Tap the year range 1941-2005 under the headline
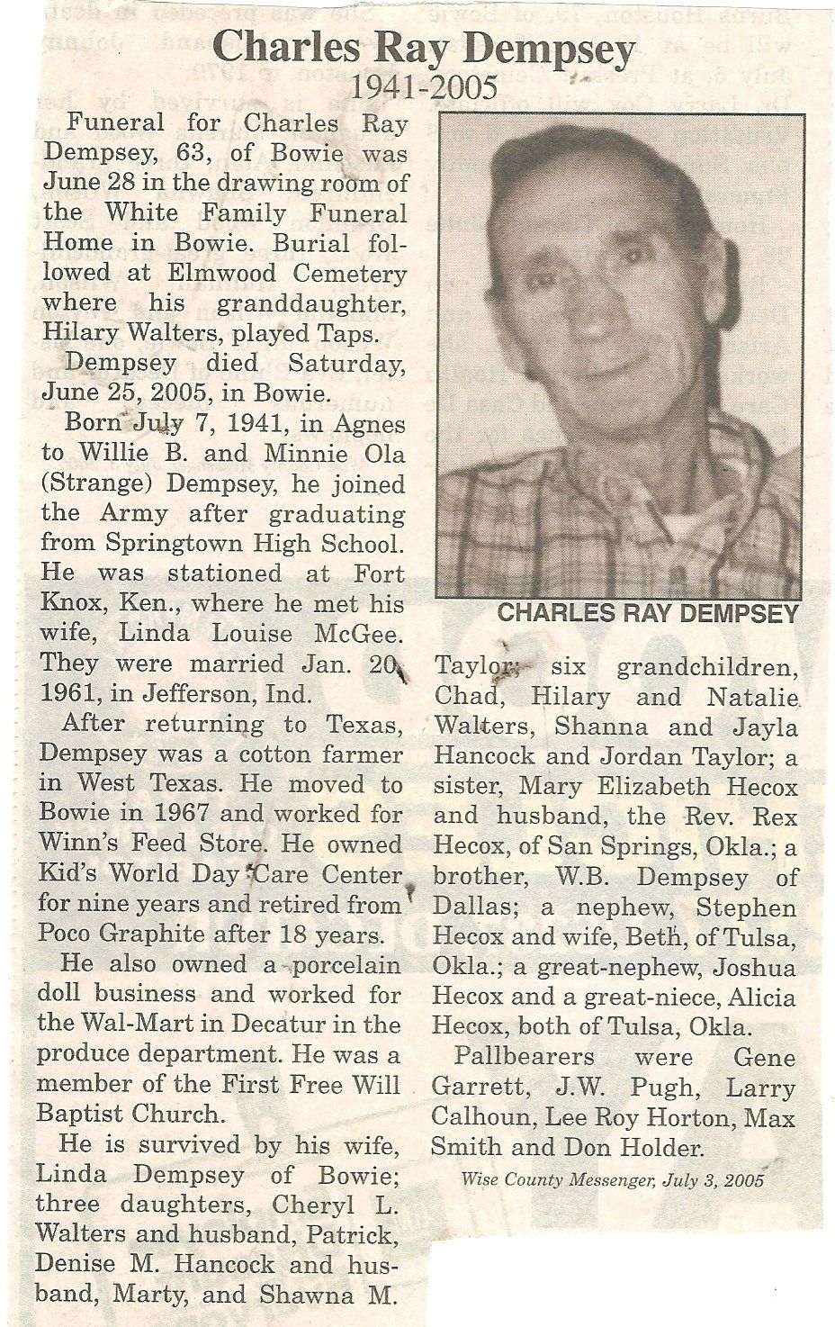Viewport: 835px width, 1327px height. pyautogui.click(x=424, y=87)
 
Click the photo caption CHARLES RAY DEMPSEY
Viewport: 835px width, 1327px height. pyautogui.click(x=648, y=614)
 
